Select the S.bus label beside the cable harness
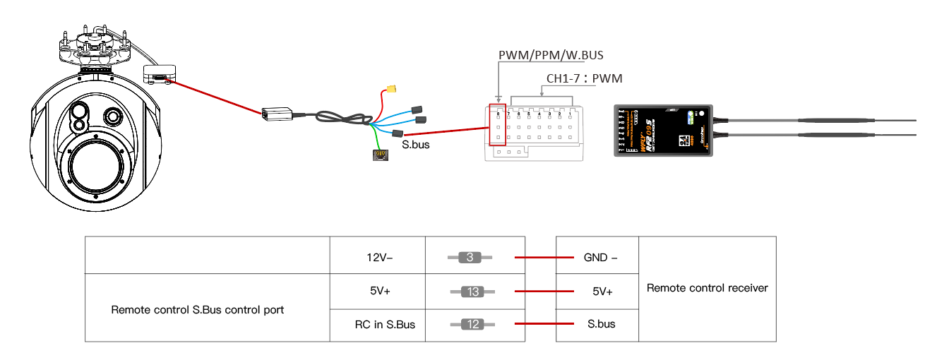point(415,145)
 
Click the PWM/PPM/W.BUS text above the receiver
point(551,55)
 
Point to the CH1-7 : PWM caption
point(584,78)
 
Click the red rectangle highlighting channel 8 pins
point(497,126)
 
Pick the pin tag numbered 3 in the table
point(470,258)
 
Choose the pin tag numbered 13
point(472,291)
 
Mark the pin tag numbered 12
point(472,324)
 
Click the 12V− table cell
point(377,258)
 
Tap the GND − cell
point(600,258)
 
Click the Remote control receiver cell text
point(707,288)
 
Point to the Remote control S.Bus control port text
point(198,309)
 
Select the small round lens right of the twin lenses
point(112,116)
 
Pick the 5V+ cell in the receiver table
point(600,291)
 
